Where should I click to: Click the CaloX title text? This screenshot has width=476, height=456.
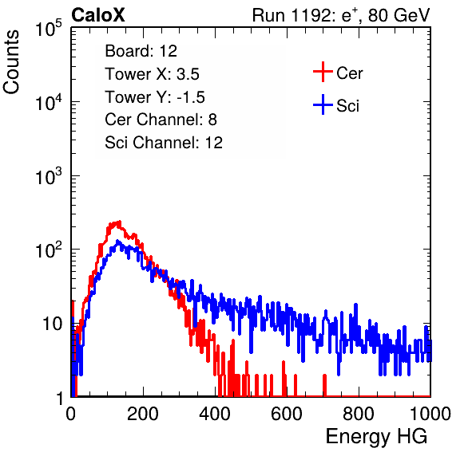tap(97, 15)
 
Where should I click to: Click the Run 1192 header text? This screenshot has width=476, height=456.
tap(341, 15)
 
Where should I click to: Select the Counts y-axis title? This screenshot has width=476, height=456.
tap(11, 62)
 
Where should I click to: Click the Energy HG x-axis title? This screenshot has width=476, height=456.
tap(376, 437)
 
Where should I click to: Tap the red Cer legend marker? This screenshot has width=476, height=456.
tap(323, 72)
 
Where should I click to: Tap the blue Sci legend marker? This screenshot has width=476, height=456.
tap(323, 104)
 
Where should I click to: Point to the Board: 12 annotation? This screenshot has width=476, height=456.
tap(141, 51)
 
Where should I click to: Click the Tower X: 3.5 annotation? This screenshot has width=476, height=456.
tap(152, 74)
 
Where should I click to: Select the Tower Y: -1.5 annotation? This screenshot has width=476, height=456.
tap(155, 97)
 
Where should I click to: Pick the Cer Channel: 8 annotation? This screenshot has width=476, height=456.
tap(161, 120)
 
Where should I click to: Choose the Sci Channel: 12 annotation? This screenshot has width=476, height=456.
tap(164, 143)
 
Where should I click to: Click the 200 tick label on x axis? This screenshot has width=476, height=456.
tap(143, 414)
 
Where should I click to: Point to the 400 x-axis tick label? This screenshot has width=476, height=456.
tap(215, 414)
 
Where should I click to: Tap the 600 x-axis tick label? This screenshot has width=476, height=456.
tap(287, 414)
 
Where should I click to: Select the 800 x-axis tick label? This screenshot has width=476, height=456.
tap(359, 414)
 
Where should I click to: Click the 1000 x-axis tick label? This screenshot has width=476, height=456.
tap(430, 414)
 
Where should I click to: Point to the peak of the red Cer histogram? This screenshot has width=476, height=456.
tap(119, 222)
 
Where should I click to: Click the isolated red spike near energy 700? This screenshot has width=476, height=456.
tap(324, 385)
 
